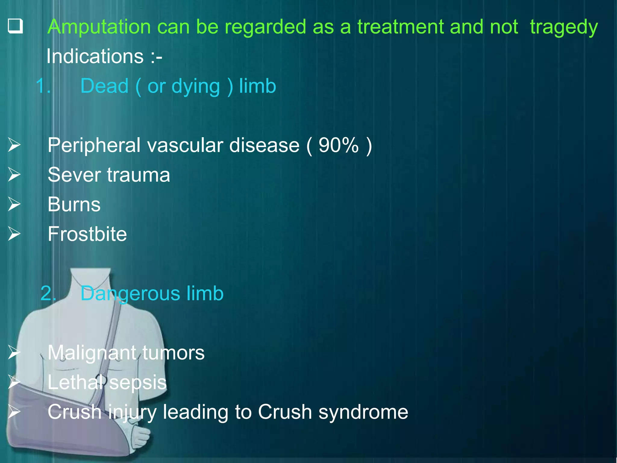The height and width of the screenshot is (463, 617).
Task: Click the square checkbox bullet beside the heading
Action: point(15,26)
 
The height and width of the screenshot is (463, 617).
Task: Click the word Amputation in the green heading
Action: point(99,27)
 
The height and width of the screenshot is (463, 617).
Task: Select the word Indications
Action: point(95,56)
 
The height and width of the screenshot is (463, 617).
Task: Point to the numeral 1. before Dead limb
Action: point(43,86)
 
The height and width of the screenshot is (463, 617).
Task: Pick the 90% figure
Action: point(338,146)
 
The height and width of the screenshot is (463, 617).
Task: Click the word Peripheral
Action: point(94,146)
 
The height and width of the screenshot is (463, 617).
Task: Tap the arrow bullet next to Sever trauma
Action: point(14,175)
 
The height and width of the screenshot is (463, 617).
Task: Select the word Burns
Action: point(74,205)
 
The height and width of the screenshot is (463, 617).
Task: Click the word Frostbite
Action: point(87,234)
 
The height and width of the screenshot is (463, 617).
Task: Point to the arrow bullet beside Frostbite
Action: point(14,234)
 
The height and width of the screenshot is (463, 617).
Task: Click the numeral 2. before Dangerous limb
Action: point(48,293)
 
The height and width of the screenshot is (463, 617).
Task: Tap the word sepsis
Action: point(138,383)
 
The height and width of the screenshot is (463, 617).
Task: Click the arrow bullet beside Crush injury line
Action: point(14,412)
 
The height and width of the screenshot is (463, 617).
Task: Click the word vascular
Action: point(185,146)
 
